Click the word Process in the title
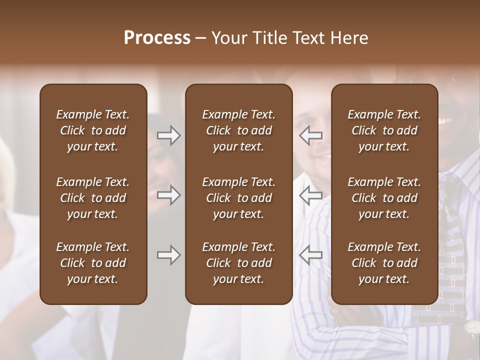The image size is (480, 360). pyautogui.click(x=157, y=38)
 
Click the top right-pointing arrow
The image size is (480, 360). pyautogui.click(x=168, y=135)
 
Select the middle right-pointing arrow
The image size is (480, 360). pyautogui.click(x=168, y=195)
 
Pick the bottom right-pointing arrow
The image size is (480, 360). pyautogui.click(x=168, y=255)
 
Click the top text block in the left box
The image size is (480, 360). pyautogui.click(x=93, y=130)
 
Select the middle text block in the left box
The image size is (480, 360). pyautogui.click(x=93, y=198)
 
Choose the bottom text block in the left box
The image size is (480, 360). pyautogui.click(x=93, y=263)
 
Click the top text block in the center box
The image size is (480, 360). pyautogui.click(x=238, y=130)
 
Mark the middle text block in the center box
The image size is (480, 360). pyautogui.click(x=238, y=198)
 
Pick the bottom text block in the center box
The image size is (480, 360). pyautogui.click(x=238, y=263)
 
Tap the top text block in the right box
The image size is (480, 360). pyautogui.click(x=384, y=130)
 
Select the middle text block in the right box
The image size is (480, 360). pyautogui.click(x=384, y=198)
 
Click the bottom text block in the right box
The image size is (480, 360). pyautogui.click(x=384, y=263)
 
